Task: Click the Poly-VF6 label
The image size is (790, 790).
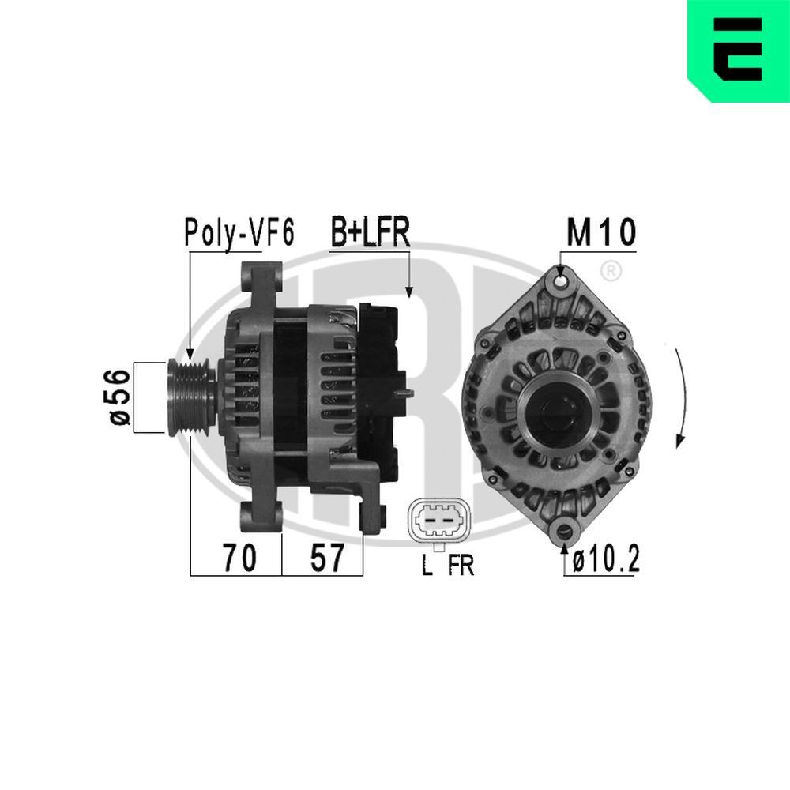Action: [x=239, y=233]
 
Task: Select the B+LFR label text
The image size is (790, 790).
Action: [x=369, y=233]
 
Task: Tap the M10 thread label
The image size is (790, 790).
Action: [x=600, y=233]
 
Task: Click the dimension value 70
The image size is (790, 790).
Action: [x=238, y=559]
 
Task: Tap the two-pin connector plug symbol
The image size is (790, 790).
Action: [x=437, y=520]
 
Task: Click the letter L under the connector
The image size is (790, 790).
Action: [x=427, y=566]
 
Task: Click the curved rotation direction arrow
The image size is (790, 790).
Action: [x=682, y=395]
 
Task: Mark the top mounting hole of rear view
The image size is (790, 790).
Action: [x=561, y=280]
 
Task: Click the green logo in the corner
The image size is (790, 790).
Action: [x=738, y=51]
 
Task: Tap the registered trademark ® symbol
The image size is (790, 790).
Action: [x=610, y=272]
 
